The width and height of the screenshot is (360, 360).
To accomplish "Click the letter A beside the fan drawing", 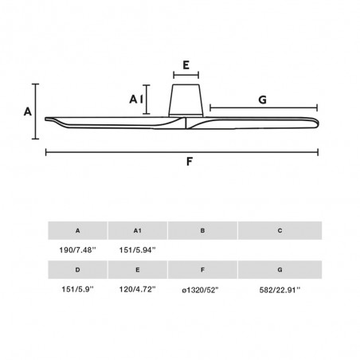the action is [x=28, y=112].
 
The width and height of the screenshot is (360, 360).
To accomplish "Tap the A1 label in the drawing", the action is [x=136, y=100].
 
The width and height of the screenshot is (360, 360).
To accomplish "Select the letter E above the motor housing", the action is [x=186, y=65].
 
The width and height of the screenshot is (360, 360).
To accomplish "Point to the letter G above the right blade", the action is [x=262, y=100].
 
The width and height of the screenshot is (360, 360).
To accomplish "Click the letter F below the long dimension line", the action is [x=189, y=162].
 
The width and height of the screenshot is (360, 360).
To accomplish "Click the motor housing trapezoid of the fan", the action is [x=186, y=100].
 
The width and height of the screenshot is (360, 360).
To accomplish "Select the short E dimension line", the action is [x=186, y=75].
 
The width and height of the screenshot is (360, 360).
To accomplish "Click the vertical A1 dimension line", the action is [x=147, y=100].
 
